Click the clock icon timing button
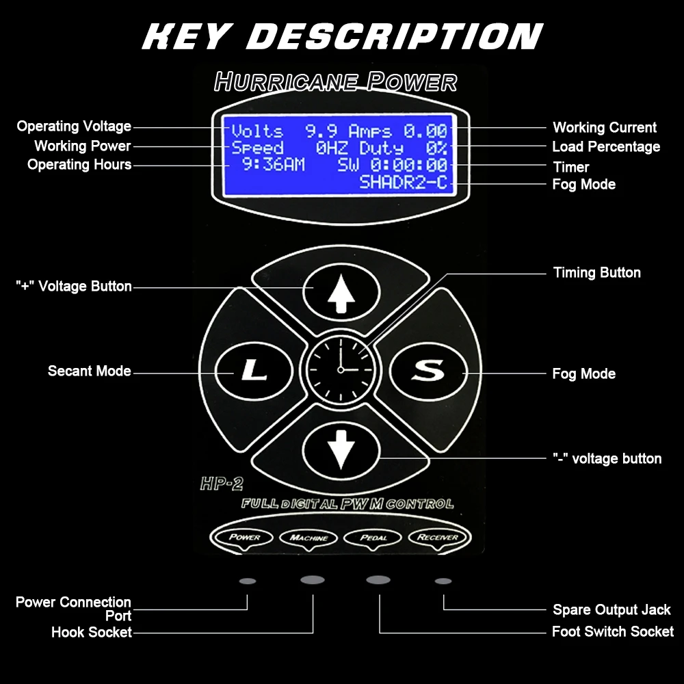click(x=341, y=369)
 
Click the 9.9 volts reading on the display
click(x=319, y=131)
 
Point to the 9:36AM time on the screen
click(x=274, y=165)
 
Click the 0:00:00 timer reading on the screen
click(x=409, y=165)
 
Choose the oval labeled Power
click(x=244, y=537)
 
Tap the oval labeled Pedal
click(x=373, y=538)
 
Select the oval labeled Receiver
click(x=438, y=537)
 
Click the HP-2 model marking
click(x=222, y=484)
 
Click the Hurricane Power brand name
click(x=335, y=82)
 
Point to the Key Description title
click(x=342, y=36)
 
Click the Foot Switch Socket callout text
click(x=612, y=631)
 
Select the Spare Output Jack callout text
click(x=611, y=609)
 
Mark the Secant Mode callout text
click(x=89, y=371)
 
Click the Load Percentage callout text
click(x=606, y=146)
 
